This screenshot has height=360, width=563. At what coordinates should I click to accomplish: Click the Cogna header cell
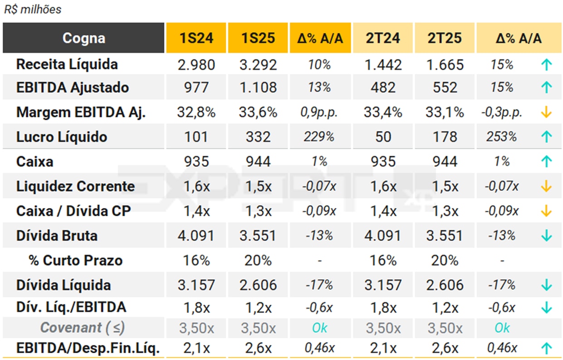pos(83,38)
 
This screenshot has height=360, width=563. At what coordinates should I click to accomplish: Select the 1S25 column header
pos(257,38)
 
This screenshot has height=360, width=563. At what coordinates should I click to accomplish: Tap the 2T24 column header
pos(383,38)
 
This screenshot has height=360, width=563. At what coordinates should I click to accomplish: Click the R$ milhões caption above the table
pos(33,10)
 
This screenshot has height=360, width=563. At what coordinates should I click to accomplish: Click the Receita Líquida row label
pos(67,64)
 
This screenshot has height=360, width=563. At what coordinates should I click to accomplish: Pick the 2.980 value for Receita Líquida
pos(196,65)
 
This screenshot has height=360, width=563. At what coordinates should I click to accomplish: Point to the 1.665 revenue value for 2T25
pos(445,65)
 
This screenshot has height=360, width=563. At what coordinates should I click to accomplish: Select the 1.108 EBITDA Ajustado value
pos(258,88)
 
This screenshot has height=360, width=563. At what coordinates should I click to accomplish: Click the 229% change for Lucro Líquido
pos(319,137)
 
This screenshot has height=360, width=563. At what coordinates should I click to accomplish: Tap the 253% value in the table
pos(502,137)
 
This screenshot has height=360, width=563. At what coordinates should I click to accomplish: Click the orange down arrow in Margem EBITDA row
pos(546,112)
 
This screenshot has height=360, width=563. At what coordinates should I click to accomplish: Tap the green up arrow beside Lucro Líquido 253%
pos(546,137)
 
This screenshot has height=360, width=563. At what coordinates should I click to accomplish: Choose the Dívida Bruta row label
pos(57,236)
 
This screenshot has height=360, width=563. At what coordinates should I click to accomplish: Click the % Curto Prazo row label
pos(76,261)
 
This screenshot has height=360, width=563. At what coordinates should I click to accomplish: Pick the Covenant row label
pos(83,327)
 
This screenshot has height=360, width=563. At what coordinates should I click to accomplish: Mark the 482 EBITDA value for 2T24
pos(383,88)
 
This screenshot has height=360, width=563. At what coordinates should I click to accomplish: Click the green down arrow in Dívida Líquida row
pos(546,285)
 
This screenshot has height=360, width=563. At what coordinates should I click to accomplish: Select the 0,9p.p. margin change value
pos(319,112)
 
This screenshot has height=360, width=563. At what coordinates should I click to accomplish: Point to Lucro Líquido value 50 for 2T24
pos(383,137)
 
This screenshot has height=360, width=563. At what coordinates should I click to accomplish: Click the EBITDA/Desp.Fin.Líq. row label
pos(88,348)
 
